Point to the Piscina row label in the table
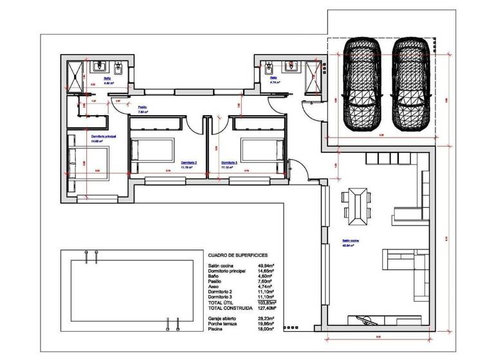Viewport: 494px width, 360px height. point(215,328)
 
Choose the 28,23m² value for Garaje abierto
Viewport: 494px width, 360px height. point(264,318)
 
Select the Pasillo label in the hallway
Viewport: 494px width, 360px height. point(143,107)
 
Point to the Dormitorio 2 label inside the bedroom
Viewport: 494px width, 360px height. point(188,163)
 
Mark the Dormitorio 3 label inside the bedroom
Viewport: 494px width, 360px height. point(229,163)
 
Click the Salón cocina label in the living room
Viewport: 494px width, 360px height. point(351,242)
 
